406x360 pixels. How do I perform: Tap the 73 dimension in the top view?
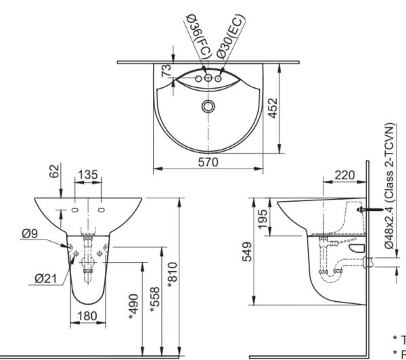164,70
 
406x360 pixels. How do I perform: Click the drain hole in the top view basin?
208,106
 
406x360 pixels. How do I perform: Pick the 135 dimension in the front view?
88,175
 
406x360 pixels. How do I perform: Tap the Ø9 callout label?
29,233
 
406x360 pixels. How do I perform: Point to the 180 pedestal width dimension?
87,315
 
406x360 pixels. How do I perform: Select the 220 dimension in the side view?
344,175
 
